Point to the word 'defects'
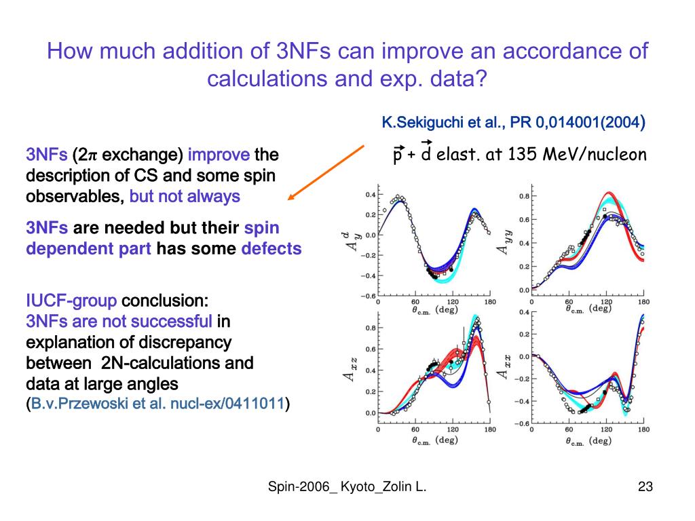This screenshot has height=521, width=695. click(x=271, y=249)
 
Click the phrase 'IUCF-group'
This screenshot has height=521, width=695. click(x=71, y=301)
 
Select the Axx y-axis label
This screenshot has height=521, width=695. click(x=504, y=364)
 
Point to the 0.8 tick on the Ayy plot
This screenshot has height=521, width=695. click(x=525, y=197)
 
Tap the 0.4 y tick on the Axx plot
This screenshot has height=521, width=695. click(x=524, y=313)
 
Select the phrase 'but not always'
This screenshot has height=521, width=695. click(x=185, y=197)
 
